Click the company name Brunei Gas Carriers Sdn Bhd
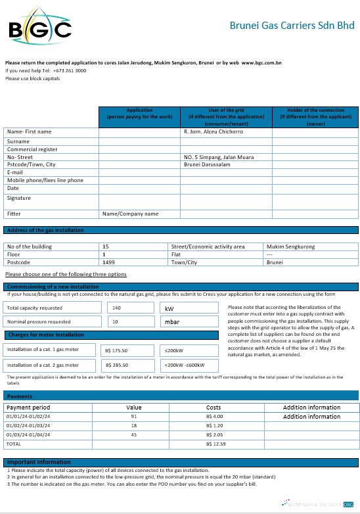point(292,26)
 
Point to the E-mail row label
point(16,172)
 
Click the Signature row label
point(19,198)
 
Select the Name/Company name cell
point(130,214)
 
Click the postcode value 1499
point(109,262)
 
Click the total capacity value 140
point(117,308)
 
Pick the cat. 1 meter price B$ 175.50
point(116,351)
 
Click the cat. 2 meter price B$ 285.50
point(116,365)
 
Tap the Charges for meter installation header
point(45,335)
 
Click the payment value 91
point(134,417)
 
